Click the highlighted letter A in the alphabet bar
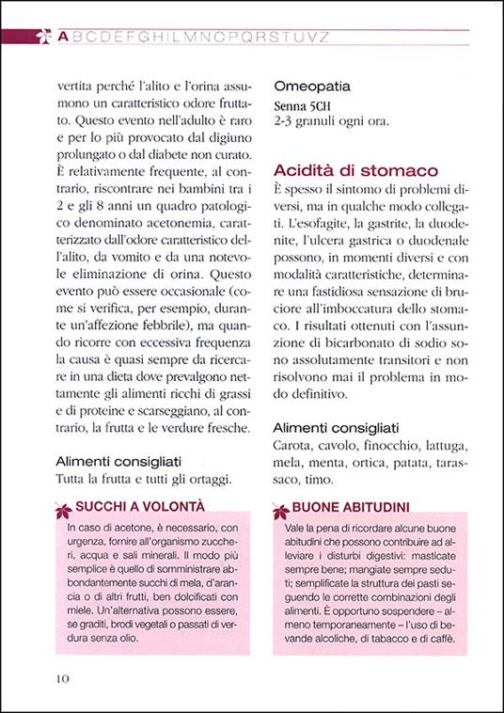click(x=62, y=38)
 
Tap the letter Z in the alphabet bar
click(x=323, y=38)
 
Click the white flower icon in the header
click(x=40, y=38)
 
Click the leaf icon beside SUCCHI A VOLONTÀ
click(x=64, y=511)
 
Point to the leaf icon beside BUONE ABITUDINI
click(x=279, y=511)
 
